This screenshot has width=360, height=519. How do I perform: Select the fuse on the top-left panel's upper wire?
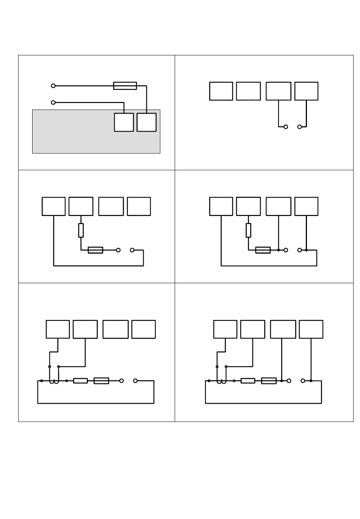pos(125,86)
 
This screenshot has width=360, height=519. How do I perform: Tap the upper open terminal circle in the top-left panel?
pos(53,86)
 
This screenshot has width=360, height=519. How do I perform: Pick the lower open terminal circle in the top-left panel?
pos(53,102)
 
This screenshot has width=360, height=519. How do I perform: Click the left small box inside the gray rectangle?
pos(124,122)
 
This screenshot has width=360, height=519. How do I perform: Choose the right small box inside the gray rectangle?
pos(147,122)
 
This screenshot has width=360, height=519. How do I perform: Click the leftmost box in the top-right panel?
pos(221,91)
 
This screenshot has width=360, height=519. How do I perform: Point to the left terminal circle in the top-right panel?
pos(286,127)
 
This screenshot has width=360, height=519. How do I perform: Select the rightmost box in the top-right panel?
pos(306,91)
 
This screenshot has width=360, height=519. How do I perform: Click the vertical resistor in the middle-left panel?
pos(81,230)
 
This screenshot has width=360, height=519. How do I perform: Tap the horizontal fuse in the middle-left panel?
pos(95,250)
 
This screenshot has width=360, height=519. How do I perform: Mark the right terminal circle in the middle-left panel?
pos(132,250)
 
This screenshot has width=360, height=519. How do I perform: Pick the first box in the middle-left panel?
pos(53,206)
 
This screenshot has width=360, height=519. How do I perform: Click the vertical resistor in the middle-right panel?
pos(248,230)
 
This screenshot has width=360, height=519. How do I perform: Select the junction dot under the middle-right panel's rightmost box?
pos(306,250)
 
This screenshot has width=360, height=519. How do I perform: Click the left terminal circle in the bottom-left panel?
pos(122,381)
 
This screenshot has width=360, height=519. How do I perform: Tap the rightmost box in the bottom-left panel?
pos(144,329)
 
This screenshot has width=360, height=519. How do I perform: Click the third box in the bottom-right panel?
pos(283,329)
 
